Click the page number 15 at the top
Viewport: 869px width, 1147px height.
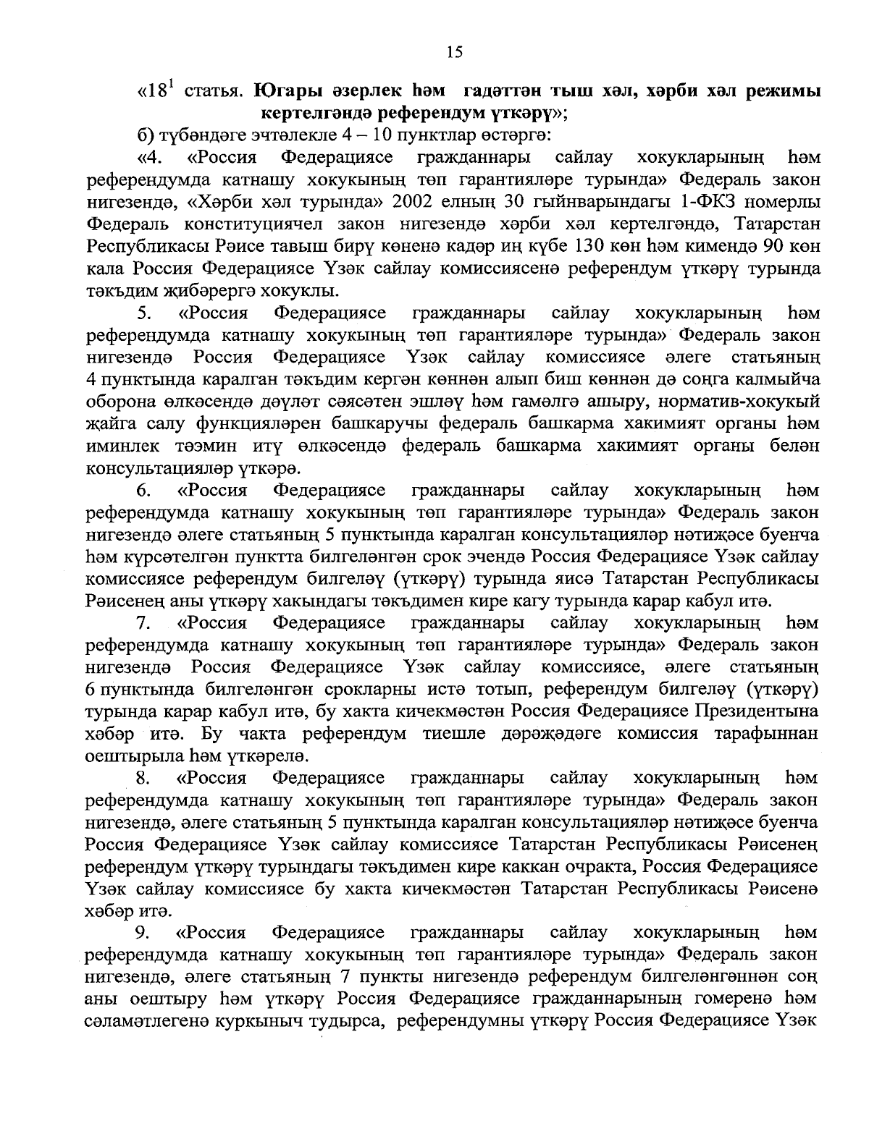click(454, 51)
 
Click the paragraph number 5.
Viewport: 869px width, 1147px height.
click(143, 313)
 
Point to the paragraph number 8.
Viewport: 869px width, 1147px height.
click(143, 778)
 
